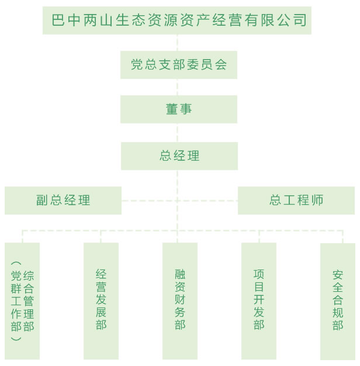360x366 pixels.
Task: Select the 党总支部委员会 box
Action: pyautogui.click(x=179, y=65)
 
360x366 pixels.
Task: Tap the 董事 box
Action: pyautogui.click(x=179, y=109)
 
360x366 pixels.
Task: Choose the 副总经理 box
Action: pyautogui.click(x=63, y=201)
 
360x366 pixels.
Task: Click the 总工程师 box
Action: pyautogui.click(x=296, y=201)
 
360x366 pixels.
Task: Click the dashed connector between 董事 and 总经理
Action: pyautogui.click(x=179, y=133)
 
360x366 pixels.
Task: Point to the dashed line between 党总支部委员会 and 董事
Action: pyautogui.click(x=179, y=87)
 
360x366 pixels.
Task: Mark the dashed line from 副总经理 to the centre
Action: pyautogui.click(x=149, y=201)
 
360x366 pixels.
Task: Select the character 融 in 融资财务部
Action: pyautogui.click(x=180, y=274)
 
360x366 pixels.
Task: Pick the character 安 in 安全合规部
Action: pyautogui.click(x=338, y=274)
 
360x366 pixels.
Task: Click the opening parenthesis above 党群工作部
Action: pyautogui.click(x=16, y=264)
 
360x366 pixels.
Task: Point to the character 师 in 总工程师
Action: pyautogui.click(x=317, y=201)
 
